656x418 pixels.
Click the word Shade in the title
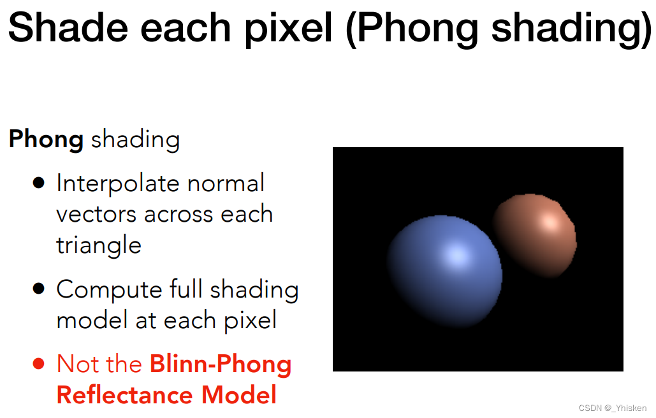click(x=68, y=27)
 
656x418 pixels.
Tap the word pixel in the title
click(x=288, y=30)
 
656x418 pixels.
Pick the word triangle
click(x=99, y=246)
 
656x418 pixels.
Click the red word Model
click(x=239, y=394)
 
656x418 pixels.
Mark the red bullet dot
click(x=38, y=364)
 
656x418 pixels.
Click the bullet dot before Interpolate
click(x=38, y=183)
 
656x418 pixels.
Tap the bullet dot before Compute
click(x=38, y=289)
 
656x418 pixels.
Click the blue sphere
click(x=444, y=271)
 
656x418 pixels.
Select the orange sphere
click(x=535, y=235)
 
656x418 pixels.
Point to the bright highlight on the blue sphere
click(x=457, y=254)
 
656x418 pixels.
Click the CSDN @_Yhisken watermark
click(x=613, y=408)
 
